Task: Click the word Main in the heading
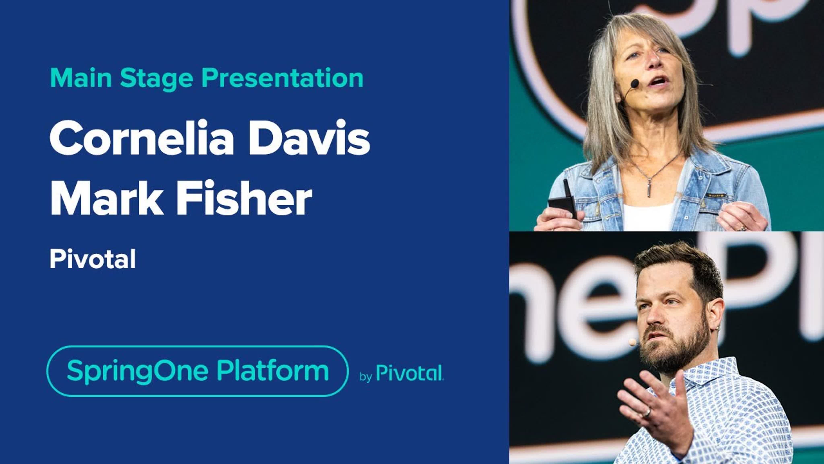81,78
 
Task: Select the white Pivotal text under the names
93,259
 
